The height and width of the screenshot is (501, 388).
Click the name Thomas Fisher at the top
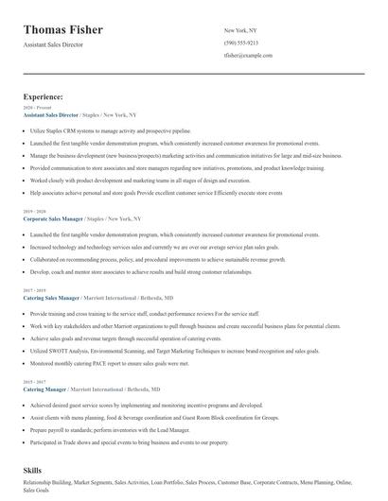tap(63, 29)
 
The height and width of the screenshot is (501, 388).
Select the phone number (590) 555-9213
tap(240, 43)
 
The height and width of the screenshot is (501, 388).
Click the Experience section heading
tap(44, 96)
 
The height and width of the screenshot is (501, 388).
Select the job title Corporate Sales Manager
tap(58, 218)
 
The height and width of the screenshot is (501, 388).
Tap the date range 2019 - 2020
tap(34, 212)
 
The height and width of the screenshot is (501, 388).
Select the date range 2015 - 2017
tap(34, 355)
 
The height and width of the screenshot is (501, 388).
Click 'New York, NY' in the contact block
tap(240, 30)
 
